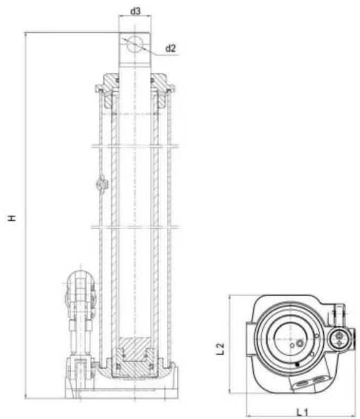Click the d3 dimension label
tap(135, 11)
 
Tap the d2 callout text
tap(170, 48)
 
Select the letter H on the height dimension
tap(12, 218)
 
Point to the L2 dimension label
tap(221, 348)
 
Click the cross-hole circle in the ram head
tap(135, 43)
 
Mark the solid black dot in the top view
tap(297, 364)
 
